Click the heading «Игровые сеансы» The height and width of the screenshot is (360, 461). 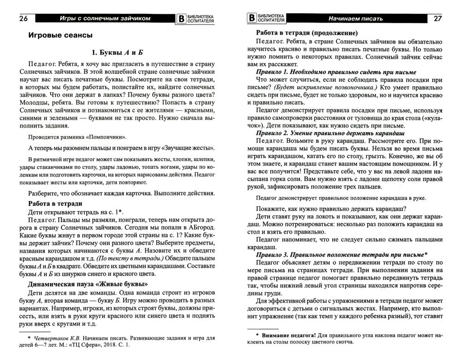[60, 35]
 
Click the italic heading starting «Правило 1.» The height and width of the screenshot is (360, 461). [336, 72]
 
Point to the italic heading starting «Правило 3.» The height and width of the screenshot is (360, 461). [342, 254]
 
